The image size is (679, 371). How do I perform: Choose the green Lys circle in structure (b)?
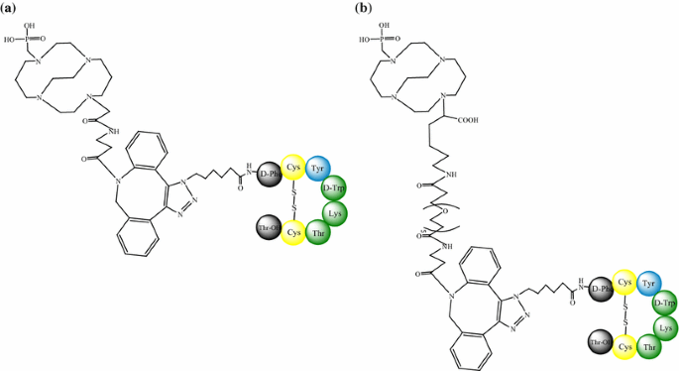pos(666,326)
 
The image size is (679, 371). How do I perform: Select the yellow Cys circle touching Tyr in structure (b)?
pos(625,283)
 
